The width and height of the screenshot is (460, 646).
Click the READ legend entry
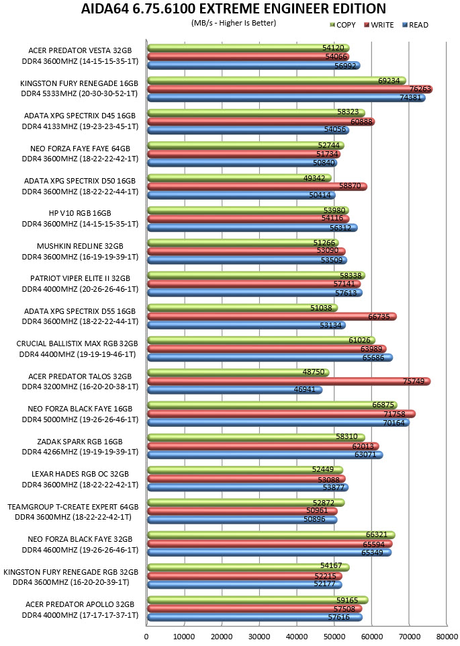[415, 25]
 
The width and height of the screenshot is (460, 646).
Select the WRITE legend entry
[379, 25]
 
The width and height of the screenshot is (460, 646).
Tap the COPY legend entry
[342, 25]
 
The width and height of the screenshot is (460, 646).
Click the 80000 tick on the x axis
[447, 637]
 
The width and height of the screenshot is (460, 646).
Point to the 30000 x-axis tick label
[259, 637]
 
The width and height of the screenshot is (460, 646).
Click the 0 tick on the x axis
[146, 637]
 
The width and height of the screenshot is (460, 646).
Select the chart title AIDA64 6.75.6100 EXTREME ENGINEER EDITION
[233, 8]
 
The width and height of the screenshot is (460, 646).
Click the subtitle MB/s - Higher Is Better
[234, 23]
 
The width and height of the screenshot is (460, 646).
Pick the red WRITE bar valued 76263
[289, 89]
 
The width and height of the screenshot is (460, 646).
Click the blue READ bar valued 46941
[234, 390]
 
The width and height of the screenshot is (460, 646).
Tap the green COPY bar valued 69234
[277, 81]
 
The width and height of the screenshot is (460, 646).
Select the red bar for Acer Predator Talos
[289, 382]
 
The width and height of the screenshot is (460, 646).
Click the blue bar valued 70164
[279, 422]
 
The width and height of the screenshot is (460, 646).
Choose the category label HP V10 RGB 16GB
[80, 213]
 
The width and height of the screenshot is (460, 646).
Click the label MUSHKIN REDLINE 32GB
[80, 246]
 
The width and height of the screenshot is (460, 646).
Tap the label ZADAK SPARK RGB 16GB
[80, 442]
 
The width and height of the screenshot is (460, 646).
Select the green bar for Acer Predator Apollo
[258, 600]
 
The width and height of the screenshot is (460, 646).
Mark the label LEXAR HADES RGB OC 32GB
[80, 474]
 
